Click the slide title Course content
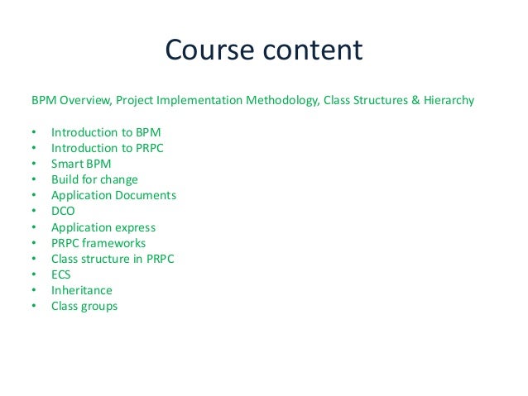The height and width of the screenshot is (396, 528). [263, 50]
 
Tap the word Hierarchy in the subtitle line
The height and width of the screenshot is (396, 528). [444, 102]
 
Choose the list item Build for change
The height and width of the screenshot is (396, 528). [94, 179]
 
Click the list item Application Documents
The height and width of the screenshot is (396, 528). [113, 195]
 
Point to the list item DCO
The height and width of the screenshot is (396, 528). [63, 211]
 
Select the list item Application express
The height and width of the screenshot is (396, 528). [103, 227]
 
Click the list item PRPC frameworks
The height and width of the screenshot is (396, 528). [98, 243]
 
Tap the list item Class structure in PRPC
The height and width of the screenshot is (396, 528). [113, 259]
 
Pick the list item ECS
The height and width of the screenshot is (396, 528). [61, 274]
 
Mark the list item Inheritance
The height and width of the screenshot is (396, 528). [81, 290]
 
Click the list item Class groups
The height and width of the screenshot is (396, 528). [84, 307]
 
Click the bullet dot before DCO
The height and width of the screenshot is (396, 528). [33, 211]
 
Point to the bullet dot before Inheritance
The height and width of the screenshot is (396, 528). [33, 291]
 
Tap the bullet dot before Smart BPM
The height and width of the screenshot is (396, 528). [33, 164]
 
